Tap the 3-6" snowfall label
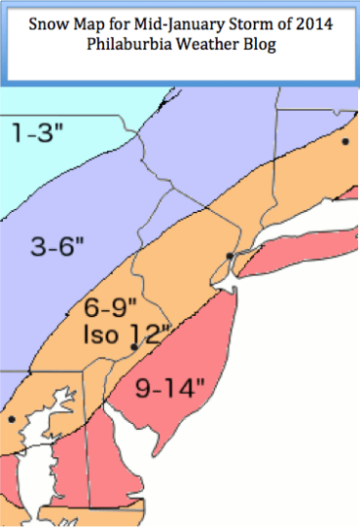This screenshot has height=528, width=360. point(58,244)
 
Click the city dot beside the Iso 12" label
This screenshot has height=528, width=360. point(133,346)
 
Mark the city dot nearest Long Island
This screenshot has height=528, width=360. point(229,256)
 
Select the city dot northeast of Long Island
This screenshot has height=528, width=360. point(345,141)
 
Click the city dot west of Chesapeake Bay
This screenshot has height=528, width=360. point(11,419)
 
